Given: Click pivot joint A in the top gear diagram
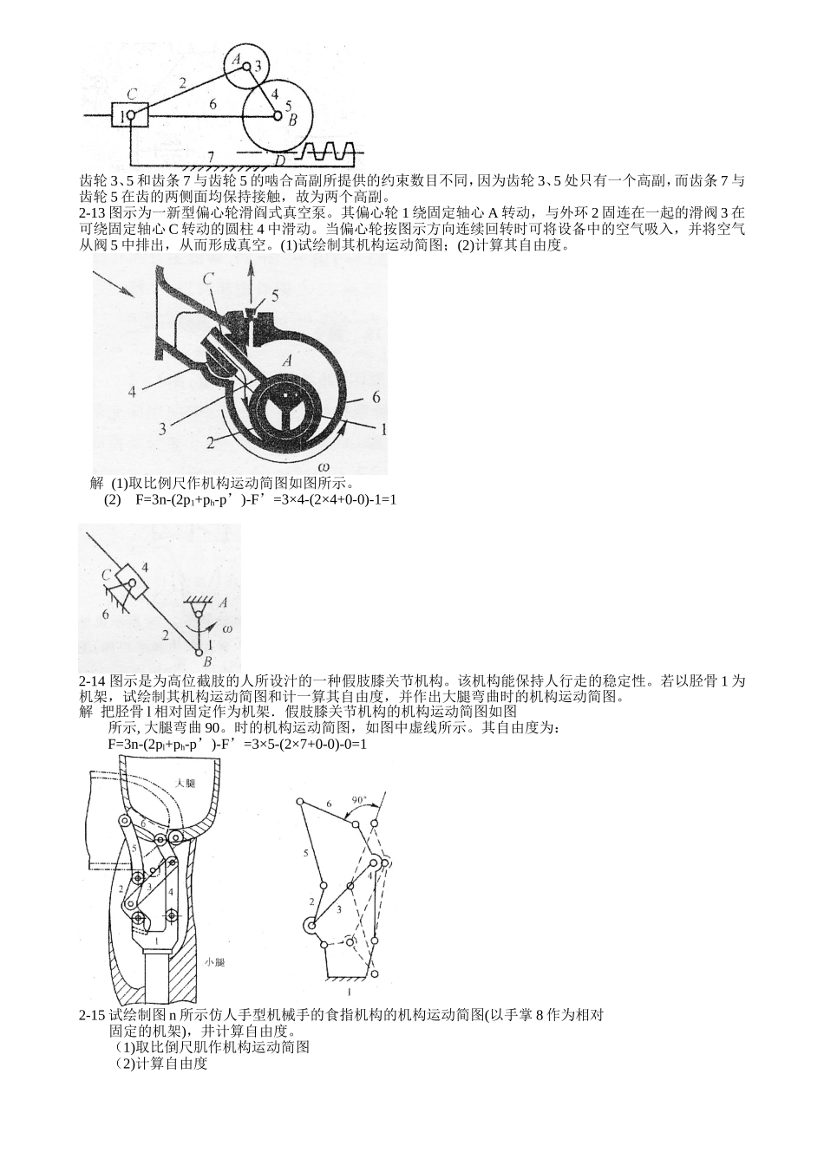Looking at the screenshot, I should (246, 66).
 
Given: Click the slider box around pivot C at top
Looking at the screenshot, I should (129, 114).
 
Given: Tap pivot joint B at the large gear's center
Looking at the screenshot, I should (278, 114).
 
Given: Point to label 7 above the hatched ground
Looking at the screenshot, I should (211, 156).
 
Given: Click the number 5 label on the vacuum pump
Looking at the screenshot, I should (274, 295).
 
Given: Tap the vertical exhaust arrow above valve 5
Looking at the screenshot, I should (252, 282).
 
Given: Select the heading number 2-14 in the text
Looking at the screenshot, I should (92, 680).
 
